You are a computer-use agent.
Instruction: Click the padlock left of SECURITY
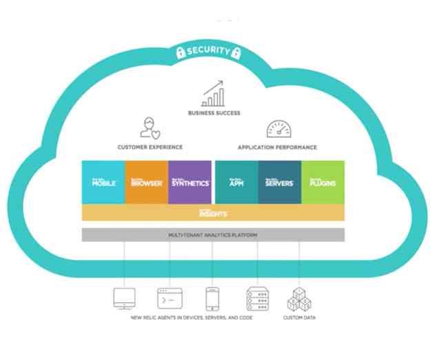(x=181, y=51)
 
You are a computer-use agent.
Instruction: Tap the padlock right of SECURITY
(x=236, y=51)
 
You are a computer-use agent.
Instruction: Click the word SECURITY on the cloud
(x=208, y=51)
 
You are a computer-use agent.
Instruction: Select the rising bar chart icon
(x=213, y=93)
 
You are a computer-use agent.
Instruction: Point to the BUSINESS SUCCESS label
(x=214, y=112)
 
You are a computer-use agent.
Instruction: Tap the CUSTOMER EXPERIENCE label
(x=150, y=147)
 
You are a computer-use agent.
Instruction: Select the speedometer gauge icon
(x=279, y=128)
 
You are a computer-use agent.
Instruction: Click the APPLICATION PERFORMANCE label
(x=277, y=147)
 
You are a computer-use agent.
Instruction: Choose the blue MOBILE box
(x=103, y=183)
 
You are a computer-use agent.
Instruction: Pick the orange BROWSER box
(x=145, y=183)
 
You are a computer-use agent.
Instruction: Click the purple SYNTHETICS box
(x=189, y=183)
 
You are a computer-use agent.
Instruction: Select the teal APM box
(x=236, y=183)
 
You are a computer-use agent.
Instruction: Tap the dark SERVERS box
(x=279, y=183)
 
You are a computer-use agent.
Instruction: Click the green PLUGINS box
(x=323, y=183)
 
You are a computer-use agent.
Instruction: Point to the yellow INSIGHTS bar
(x=213, y=213)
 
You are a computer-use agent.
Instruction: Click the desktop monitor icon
(x=124, y=299)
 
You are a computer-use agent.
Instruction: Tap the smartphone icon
(x=212, y=299)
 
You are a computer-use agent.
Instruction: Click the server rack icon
(x=257, y=299)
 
